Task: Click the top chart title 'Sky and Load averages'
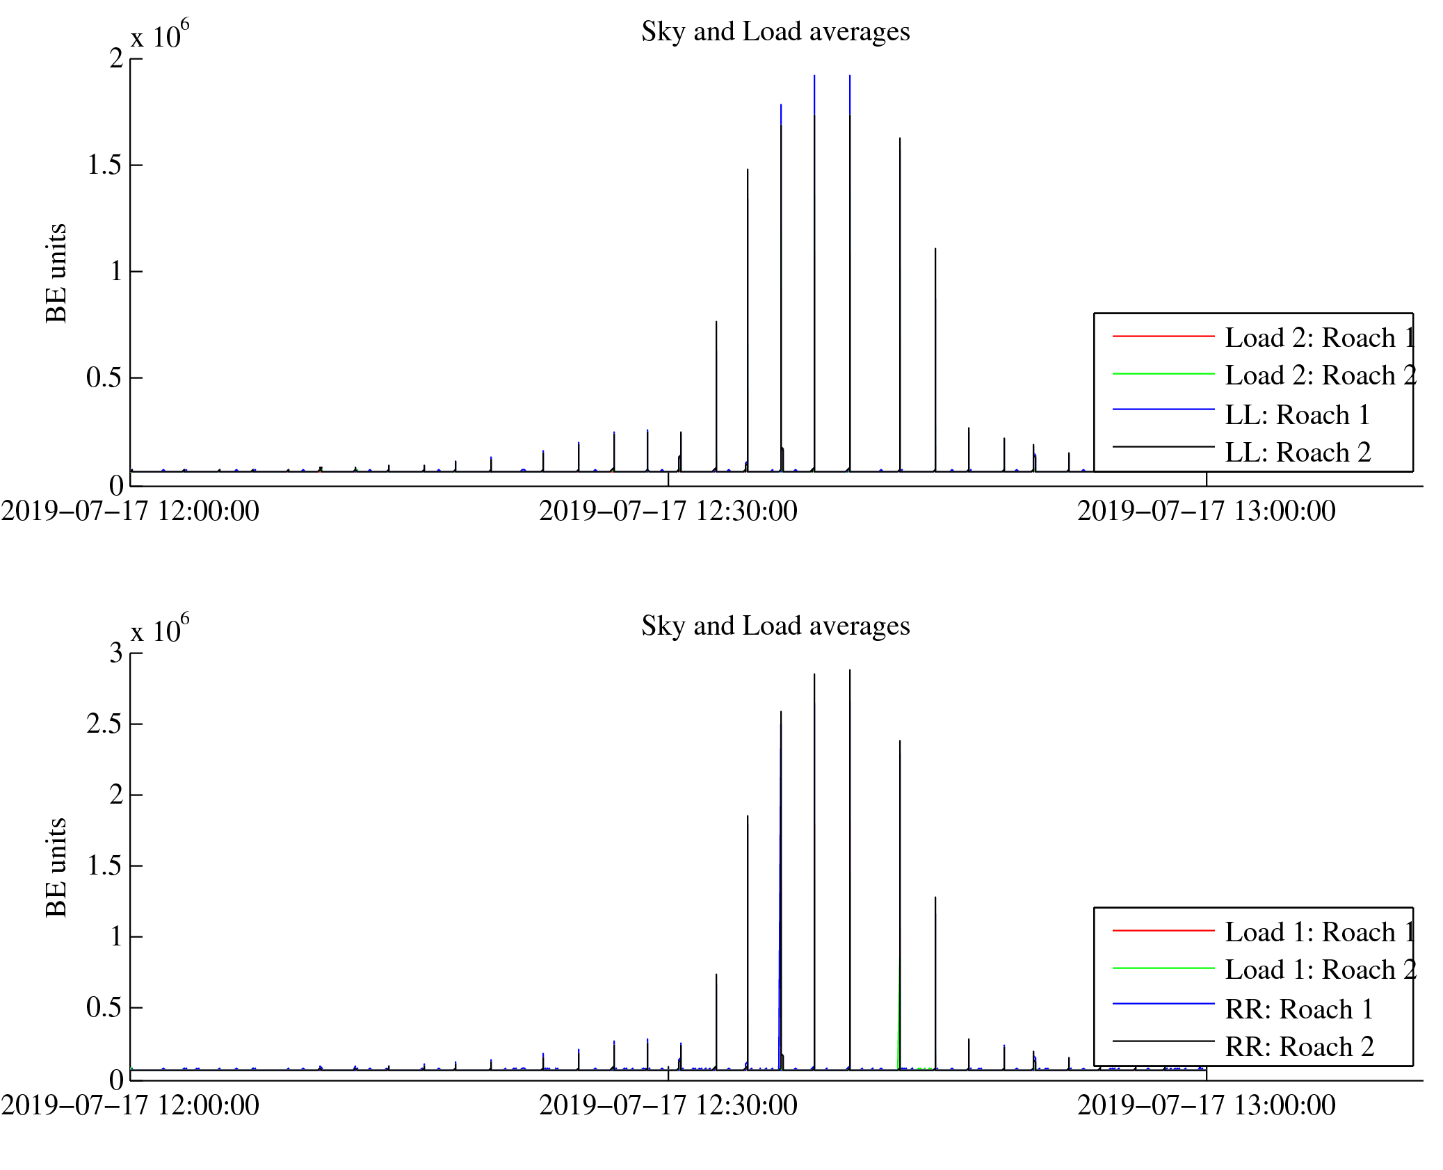point(775,32)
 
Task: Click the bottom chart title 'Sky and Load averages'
point(775,626)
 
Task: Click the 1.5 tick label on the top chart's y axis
point(104,165)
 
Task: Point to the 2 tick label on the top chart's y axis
point(116,58)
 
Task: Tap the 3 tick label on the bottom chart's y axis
point(116,653)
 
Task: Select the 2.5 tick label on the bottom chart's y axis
point(104,724)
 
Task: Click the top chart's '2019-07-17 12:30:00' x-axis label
point(668,512)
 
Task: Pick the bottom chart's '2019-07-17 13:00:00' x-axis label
point(1206,1106)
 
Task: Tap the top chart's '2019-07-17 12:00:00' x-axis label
point(130,512)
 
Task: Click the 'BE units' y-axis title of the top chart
point(56,273)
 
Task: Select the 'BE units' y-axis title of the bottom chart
point(56,868)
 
